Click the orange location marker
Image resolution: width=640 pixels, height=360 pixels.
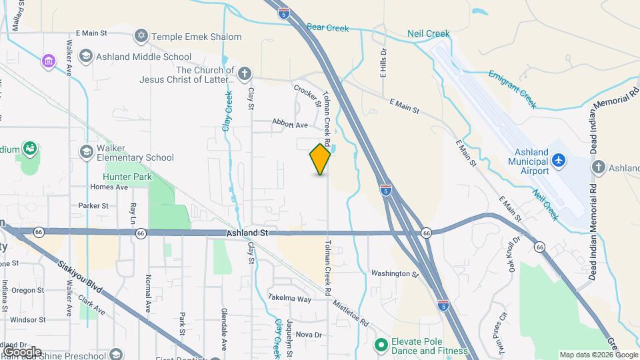[x=320, y=159]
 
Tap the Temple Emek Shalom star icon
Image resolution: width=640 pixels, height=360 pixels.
[x=141, y=36]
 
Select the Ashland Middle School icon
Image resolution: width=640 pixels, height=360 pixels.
[x=85, y=57]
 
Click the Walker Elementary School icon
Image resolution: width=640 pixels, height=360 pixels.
[x=85, y=152]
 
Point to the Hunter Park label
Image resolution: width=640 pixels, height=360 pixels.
[x=128, y=177]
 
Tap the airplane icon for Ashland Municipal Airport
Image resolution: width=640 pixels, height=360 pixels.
[x=559, y=160]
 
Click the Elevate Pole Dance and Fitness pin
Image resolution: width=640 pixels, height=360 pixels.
[x=381, y=345]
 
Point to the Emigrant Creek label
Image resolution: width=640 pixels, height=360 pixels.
[x=512, y=89]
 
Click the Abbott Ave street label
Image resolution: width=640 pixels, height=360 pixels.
[x=290, y=124]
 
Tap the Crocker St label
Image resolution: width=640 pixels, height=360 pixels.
[x=307, y=96]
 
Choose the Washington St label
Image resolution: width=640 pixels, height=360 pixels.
[x=395, y=273]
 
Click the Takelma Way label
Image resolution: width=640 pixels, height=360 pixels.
[x=289, y=299]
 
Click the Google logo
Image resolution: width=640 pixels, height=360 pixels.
[x=21, y=351]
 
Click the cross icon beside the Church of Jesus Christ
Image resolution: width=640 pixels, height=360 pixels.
[x=245, y=73]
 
